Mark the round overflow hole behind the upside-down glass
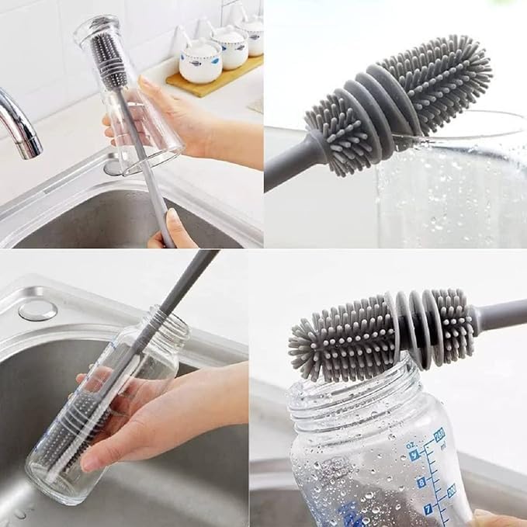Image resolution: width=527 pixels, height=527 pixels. pyautogui.click(x=114, y=165)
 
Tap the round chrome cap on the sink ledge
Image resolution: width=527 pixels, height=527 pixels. pyautogui.click(x=37, y=310)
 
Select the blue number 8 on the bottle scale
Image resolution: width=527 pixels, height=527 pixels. pyautogui.click(x=422, y=482)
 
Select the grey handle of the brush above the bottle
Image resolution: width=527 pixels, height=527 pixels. pyautogui.click(x=501, y=314)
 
